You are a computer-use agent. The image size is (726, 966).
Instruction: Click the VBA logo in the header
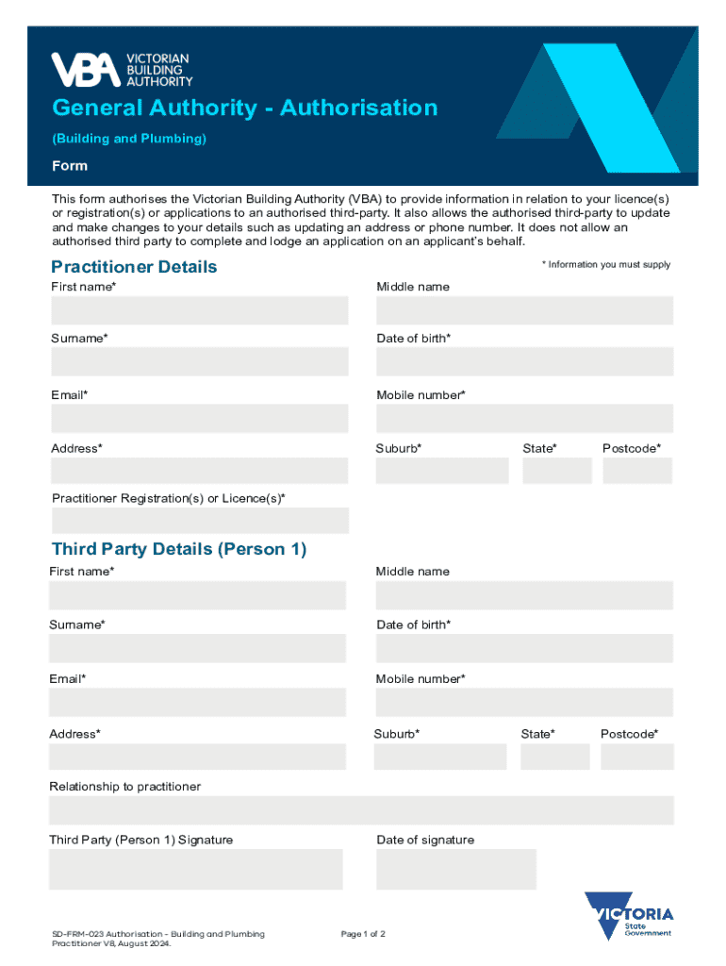[121, 70]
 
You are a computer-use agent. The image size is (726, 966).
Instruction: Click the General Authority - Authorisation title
[245, 108]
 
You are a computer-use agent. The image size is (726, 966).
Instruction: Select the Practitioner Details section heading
[134, 267]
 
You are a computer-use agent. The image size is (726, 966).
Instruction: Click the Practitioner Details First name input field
[200, 310]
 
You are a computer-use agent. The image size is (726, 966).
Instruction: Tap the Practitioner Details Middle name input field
[524, 310]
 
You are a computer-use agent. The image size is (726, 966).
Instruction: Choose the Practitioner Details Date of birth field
[524, 361]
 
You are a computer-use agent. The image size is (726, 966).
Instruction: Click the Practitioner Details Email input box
[200, 418]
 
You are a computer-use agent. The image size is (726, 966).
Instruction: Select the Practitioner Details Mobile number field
[524, 418]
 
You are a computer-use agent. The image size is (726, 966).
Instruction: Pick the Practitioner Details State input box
[556, 470]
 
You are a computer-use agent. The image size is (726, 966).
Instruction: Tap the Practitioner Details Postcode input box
[637, 470]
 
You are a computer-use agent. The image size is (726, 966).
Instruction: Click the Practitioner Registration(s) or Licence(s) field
[200, 521]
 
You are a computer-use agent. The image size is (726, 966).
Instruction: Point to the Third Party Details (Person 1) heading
[179, 549]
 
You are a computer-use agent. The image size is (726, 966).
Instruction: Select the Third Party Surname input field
[198, 648]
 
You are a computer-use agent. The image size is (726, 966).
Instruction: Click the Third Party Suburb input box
[440, 757]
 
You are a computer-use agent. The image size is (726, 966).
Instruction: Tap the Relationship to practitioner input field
[361, 810]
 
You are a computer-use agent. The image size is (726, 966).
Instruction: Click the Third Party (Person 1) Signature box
[196, 869]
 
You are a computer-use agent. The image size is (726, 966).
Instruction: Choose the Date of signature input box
[456, 869]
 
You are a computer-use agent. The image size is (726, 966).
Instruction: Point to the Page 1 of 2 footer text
[363, 934]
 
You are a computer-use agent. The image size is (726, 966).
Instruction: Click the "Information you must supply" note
[606, 265]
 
